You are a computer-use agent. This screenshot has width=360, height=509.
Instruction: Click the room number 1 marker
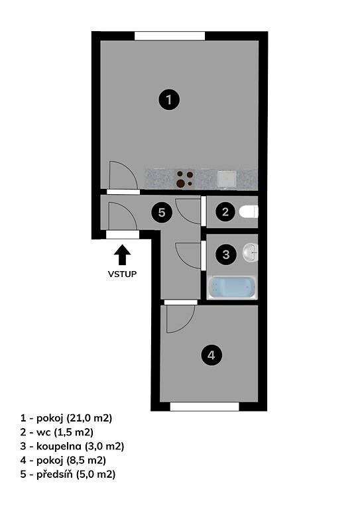click(x=169, y=99)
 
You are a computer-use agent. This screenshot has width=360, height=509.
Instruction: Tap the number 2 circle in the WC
click(x=225, y=212)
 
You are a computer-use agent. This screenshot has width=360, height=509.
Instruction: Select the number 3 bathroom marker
click(x=226, y=254)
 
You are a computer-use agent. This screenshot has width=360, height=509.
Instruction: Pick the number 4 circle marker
click(x=211, y=355)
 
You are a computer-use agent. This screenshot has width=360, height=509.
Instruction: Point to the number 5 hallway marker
click(x=162, y=213)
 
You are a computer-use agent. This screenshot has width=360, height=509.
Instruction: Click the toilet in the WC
click(x=249, y=212)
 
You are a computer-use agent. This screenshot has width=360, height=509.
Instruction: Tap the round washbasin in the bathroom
click(x=251, y=253)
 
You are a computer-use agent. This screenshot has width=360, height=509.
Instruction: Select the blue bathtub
click(x=232, y=287)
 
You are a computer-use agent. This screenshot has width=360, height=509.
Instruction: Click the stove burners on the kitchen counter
click(x=184, y=179)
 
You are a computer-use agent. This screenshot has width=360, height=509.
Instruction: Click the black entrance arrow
click(x=123, y=254)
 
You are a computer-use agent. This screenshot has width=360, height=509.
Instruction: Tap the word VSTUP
click(x=123, y=274)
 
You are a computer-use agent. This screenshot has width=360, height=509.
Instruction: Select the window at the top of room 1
click(x=170, y=36)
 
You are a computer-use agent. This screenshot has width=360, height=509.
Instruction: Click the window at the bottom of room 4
click(x=204, y=406)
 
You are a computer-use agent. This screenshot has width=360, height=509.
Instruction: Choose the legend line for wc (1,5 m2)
click(x=57, y=432)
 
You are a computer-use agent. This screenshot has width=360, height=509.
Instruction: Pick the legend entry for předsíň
click(x=68, y=475)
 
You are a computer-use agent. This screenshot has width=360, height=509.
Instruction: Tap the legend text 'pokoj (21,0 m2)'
click(x=74, y=418)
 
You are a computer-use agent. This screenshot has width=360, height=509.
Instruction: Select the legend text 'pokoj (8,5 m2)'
click(x=71, y=461)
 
